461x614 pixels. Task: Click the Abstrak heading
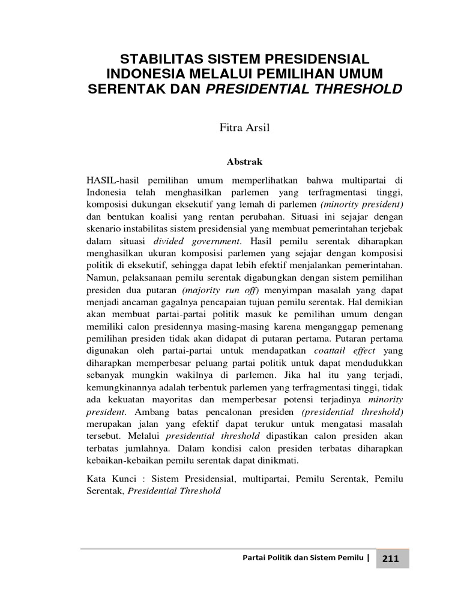click(x=244, y=162)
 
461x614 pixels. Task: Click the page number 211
click(x=390, y=559)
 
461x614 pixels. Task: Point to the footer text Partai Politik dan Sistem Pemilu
click(x=303, y=559)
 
